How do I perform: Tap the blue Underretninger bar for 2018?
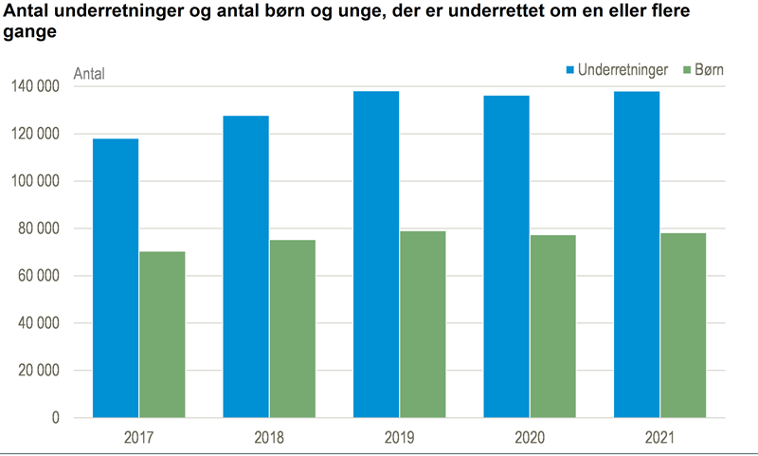pyautogui.click(x=245, y=266)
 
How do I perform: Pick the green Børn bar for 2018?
pyautogui.click(x=293, y=329)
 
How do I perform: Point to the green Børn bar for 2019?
pyautogui.click(x=423, y=324)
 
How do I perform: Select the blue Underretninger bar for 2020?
pyautogui.click(x=507, y=257)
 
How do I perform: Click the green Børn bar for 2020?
pyautogui.click(x=553, y=326)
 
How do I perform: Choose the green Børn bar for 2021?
pyautogui.click(x=683, y=325)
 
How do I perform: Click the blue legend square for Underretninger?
pyautogui.click(x=570, y=70)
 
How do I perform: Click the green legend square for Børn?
pyautogui.click(x=689, y=70)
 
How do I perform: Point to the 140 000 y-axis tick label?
pyautogui.click(x=36, y=87)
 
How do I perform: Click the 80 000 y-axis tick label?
pyautogui.click(x=39, y=228)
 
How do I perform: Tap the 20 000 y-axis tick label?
pyautogui.click(x=39, y=371)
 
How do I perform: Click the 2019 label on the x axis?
pyautogui.click(x=400, y=439)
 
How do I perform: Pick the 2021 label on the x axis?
pyautogui.click(x=660, y=439)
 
